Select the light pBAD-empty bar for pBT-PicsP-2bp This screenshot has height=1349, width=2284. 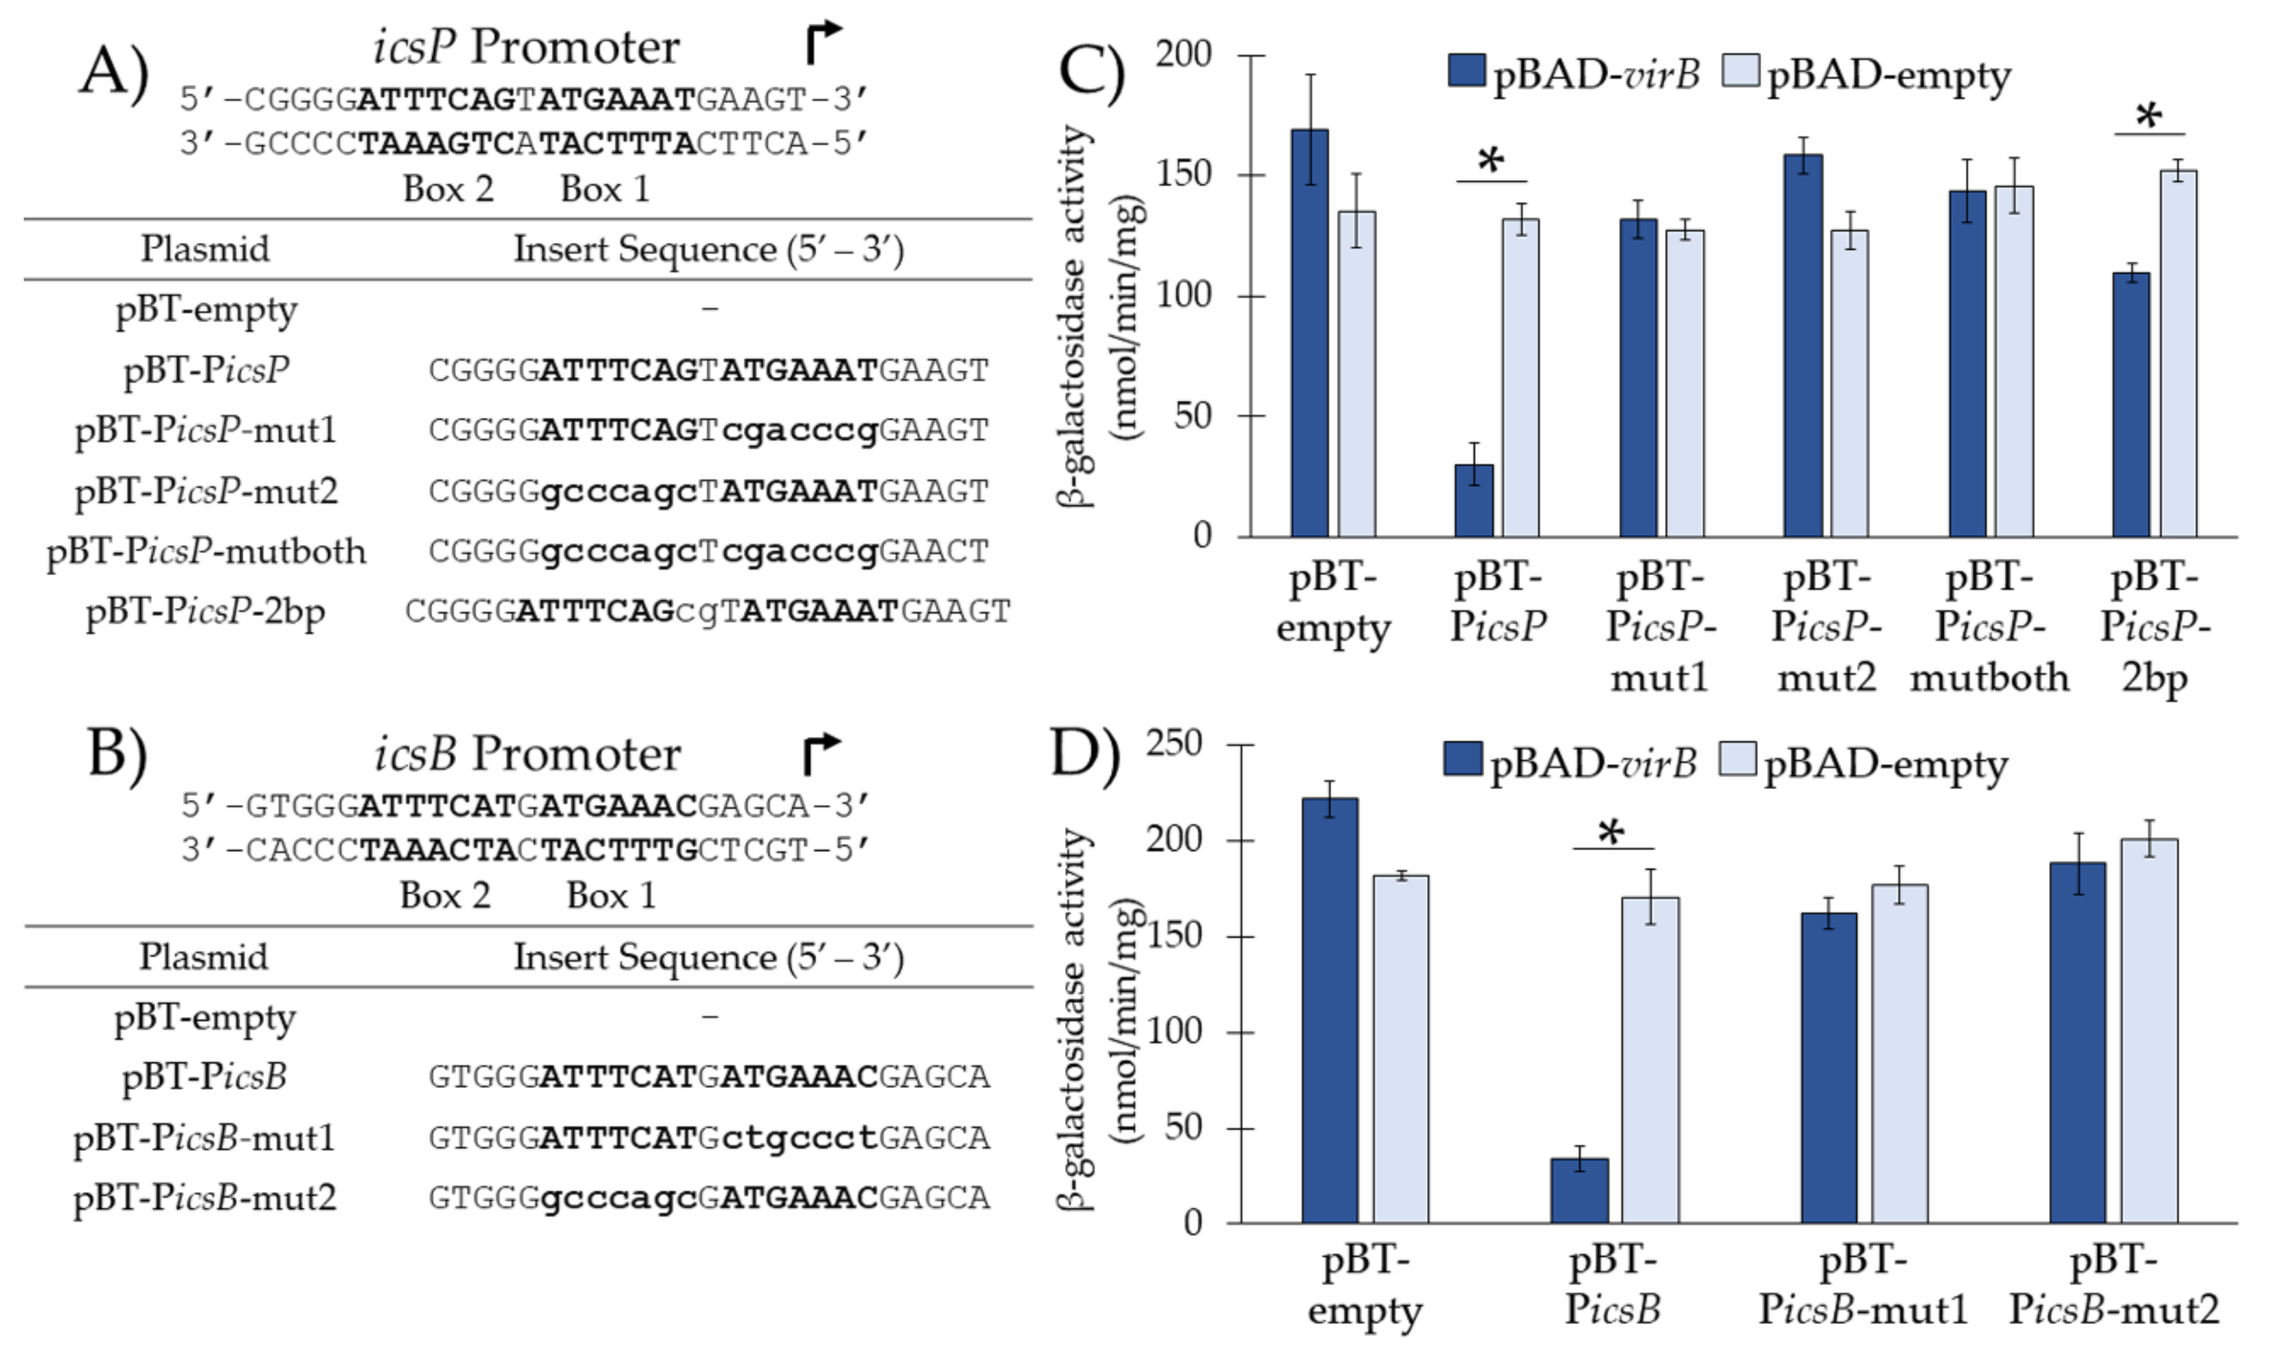[x=2178, y=355]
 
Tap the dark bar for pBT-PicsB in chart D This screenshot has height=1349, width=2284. [x=1580, y=1191]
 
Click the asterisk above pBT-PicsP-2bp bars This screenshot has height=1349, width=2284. [x=2150, y=116]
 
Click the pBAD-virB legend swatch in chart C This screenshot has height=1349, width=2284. [x=1466, y=71]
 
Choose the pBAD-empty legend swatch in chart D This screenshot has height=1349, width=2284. [x=1737, y=759]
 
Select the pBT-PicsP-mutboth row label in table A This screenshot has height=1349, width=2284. [x=206, y=551]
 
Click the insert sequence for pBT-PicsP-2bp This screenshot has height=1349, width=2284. [x=708, y=611]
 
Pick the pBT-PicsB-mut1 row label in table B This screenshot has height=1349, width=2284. [x=205, y=1137]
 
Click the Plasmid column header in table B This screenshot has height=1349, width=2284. [x=204, y=956]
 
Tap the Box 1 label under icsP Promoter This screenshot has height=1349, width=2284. [x=605, y=189]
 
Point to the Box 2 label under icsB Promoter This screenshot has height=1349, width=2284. [x=445, y=895]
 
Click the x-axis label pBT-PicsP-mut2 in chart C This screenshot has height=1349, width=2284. [x=1826, y=627]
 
